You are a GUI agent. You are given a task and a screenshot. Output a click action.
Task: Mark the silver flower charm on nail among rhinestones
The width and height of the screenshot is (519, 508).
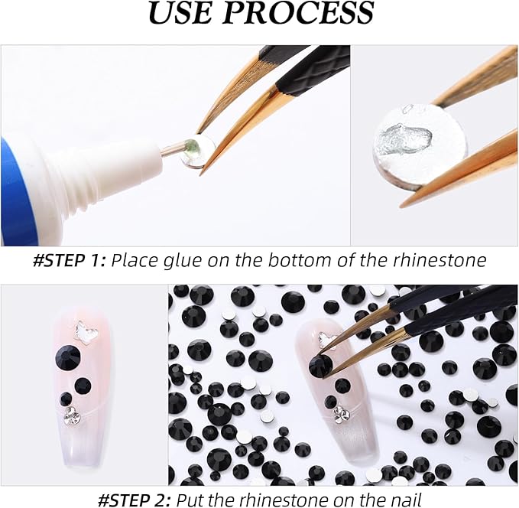[340, 413]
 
